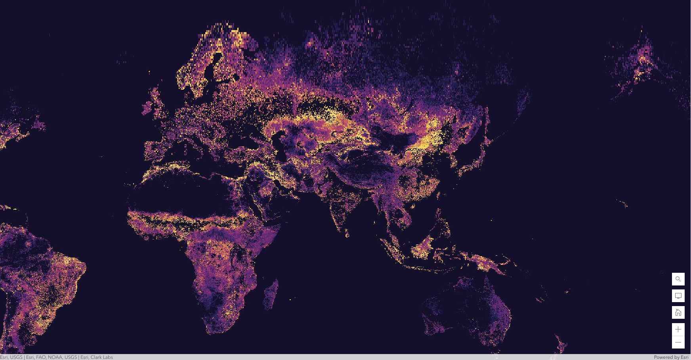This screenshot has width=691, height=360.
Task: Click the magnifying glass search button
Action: point(678,279)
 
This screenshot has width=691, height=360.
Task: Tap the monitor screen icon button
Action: point(678,296)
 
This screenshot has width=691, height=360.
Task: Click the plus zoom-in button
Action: point(678,329)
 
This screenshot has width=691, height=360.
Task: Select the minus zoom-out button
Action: point(678,343)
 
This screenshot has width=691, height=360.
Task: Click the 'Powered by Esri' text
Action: point(671,357)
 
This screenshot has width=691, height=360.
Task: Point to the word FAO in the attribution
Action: point(41,357)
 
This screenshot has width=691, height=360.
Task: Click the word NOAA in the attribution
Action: point(55,357)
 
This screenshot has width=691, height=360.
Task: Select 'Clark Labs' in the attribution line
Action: point(101,357)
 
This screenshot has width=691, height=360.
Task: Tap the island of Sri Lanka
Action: point(347,234)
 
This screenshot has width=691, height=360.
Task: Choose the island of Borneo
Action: point(424,248)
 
